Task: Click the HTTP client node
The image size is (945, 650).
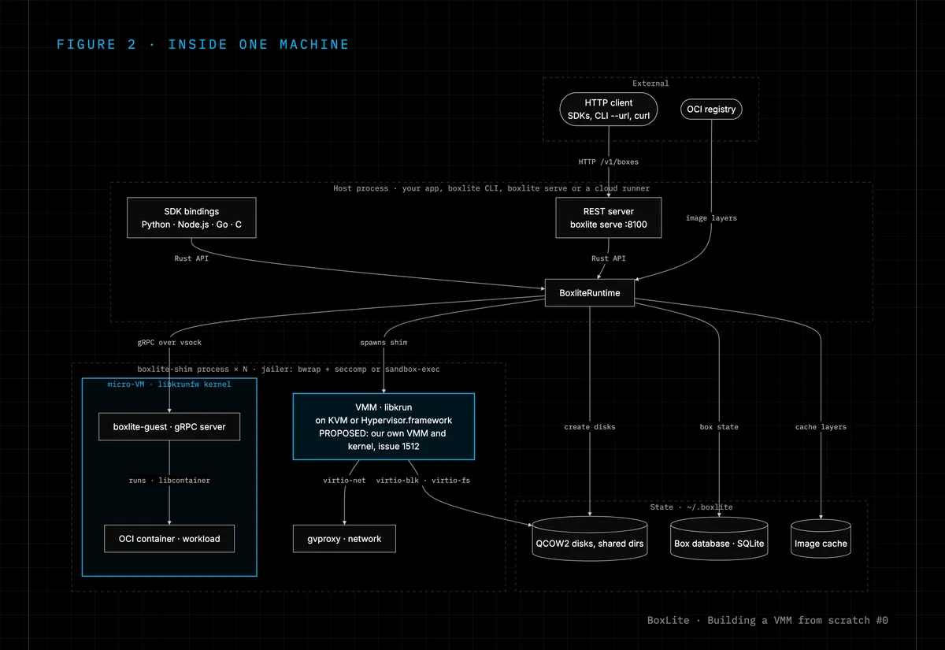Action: click(x=608, y=110)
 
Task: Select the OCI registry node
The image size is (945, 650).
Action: click(x=711, y=110)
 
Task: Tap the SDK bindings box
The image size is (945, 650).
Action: click(x=191, y=217)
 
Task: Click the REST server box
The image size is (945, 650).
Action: click(x=608, y=217)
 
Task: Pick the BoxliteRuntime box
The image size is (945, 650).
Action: click(x=589, y=293)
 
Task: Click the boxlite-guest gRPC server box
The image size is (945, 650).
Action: click(x=169, y=427)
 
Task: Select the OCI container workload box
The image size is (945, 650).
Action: click(x=169, y=539)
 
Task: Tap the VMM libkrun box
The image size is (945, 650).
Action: click(x=384, y=427)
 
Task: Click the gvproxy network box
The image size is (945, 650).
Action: click(x=344, y=539)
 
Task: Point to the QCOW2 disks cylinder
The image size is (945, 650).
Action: click(x=589, y=539)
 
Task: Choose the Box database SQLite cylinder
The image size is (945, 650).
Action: click(x=719, y=539)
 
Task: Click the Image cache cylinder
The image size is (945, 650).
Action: click(x=821, y=539)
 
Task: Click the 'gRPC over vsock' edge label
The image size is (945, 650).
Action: click(x=169, y=342)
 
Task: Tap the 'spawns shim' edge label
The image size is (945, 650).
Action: click(x=384, y=342)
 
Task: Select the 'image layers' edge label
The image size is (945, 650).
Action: click(x=711, y=217)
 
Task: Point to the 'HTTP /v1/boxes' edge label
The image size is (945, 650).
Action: click(x=608, y=162)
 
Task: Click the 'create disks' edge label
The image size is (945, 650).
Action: click(x=589, y=427)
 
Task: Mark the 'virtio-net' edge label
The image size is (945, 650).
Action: click(x=344, y=481)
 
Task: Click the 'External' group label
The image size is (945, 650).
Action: click(x=650, y=84)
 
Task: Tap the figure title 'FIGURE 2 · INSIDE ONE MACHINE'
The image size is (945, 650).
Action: click(x=202, y=44)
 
